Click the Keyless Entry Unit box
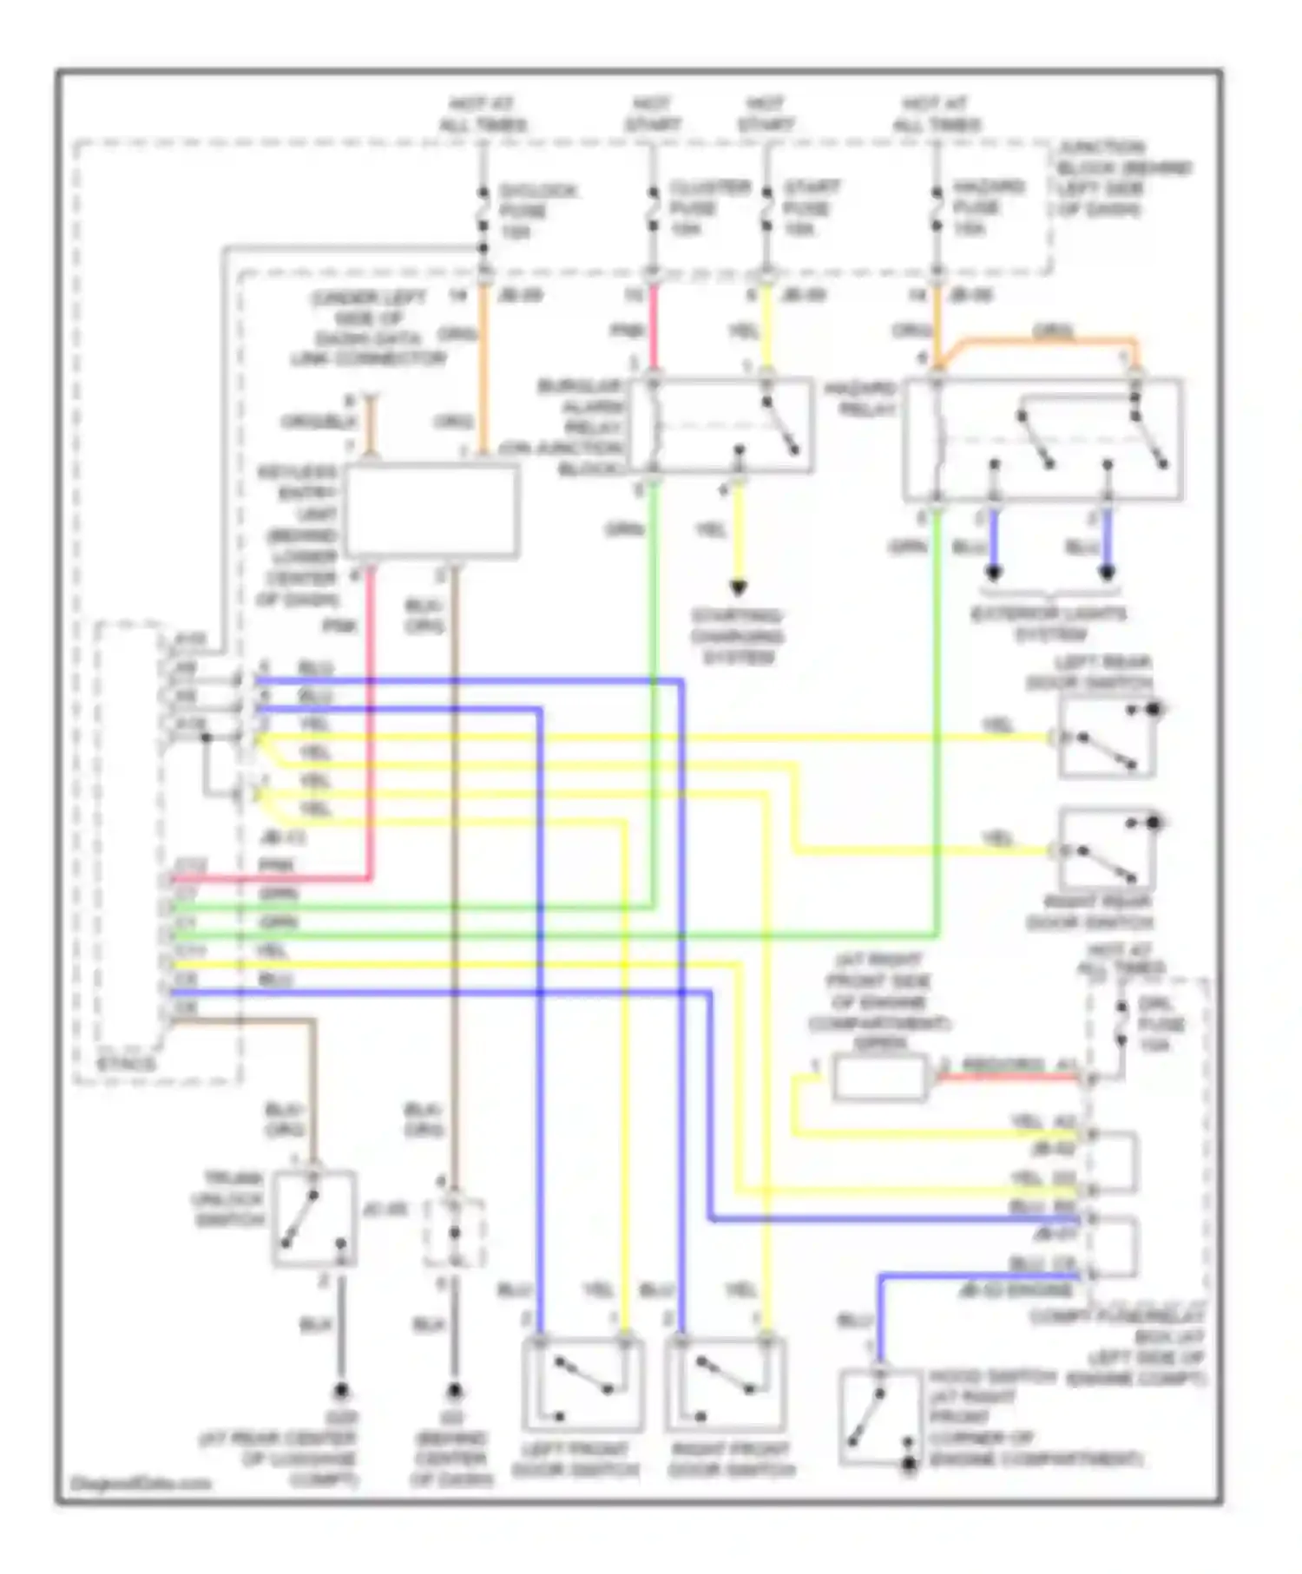pos(431,511)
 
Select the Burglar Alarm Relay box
pos(720,425)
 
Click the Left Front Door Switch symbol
pos(582,1385)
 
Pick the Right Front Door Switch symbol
pos(726,1385)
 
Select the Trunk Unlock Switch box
pos(314,1218)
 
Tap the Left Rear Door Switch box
pos(1106,738)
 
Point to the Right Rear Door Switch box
pos(1106,852)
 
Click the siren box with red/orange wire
pos(879,1078)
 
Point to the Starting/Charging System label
pos(737,637)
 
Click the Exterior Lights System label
pos(1048,624)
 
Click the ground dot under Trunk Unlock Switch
pos(341,1393)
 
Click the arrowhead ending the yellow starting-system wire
pos(738,589)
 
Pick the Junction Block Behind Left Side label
pos(1123,178)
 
